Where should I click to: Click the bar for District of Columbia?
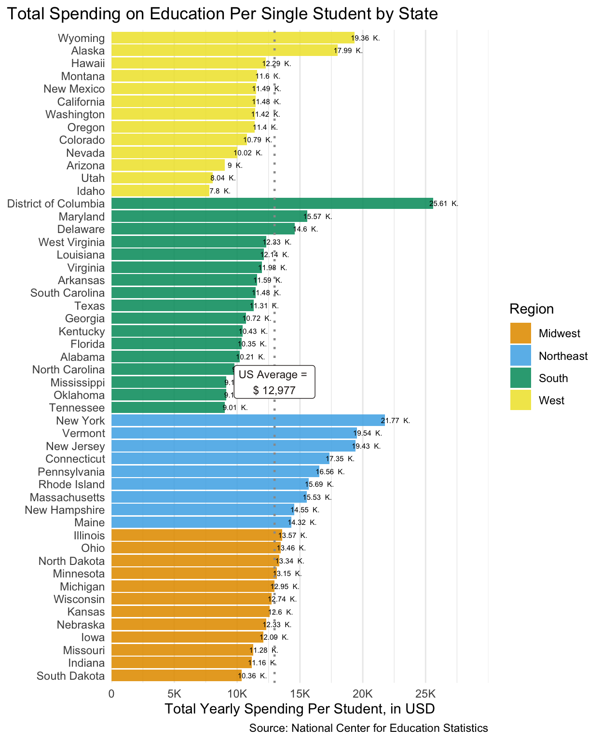pyautogui.click(x=272, y=204)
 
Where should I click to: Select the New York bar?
pyautogui.click(x=248, y=421)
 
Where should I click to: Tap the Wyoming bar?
pyautogui.click(x=233, y=38)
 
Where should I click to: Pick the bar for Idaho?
pyautogui.click(x=161, y=191)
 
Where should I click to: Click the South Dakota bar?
pyautogui.click(x=177, y=675)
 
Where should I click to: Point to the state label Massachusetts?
pyautogui.click(x=67, y=497)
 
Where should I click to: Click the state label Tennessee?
pyautogui.click(x=77, y=408)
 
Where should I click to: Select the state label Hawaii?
pyautogui.click(x=88, y=64)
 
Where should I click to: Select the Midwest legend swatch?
pyautogui.click(x=520, y=333)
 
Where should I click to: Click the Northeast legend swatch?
pyautogui.click(x=520, y=356)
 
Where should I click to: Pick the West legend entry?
pyautogui.click(x=551, y=400)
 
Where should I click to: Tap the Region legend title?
pyautogui.click(x=532, y=309)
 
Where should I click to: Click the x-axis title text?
pyautogui.click(x=300, y=709)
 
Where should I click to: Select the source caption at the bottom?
pyautogui.click(x=369, y=728)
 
